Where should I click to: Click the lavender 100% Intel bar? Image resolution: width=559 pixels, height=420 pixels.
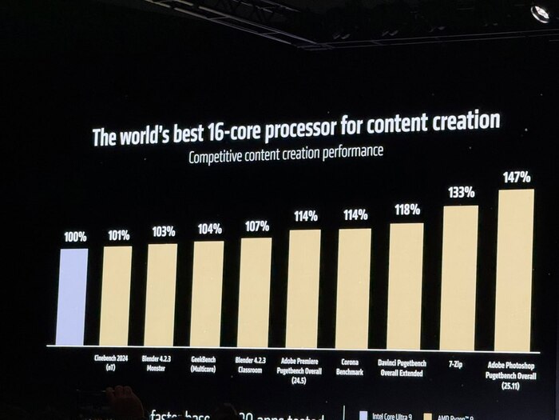72,297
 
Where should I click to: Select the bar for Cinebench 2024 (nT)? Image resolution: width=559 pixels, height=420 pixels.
116,295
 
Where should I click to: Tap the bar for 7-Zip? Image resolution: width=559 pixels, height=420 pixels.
459,277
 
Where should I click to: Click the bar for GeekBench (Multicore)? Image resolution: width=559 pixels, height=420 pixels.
207,294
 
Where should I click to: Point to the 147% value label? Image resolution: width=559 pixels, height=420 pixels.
515,176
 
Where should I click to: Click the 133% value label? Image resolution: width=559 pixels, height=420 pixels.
461,192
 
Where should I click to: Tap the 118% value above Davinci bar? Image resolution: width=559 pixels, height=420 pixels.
407,210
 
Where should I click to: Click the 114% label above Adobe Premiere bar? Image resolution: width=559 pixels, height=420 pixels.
305,215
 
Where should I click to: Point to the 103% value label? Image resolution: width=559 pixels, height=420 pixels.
164,231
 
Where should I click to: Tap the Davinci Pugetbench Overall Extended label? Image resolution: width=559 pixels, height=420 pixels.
406,367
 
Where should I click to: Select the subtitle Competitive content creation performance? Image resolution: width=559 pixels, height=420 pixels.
285,154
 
